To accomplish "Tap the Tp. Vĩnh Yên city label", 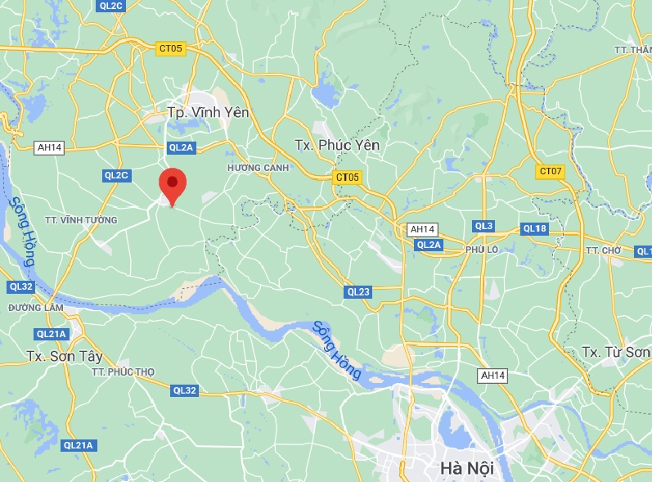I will click(208, 113).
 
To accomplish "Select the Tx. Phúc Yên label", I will click(337, 145).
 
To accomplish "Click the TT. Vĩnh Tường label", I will click(81, 220).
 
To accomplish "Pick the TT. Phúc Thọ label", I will click(123, 372).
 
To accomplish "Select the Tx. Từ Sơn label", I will click(616, 352).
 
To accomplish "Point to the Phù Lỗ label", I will click(482, 249).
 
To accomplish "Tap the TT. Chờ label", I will click(604, 250).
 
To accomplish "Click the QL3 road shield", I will click(483, 226).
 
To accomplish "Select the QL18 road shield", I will click(534, 228).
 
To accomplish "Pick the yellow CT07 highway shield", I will click(551, 172).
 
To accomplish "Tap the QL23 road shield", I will click(358, 291).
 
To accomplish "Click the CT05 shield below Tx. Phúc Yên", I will click(347, 177).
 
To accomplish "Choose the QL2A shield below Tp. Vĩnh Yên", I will click(180, 147).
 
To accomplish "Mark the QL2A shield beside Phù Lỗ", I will click(429, 245).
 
